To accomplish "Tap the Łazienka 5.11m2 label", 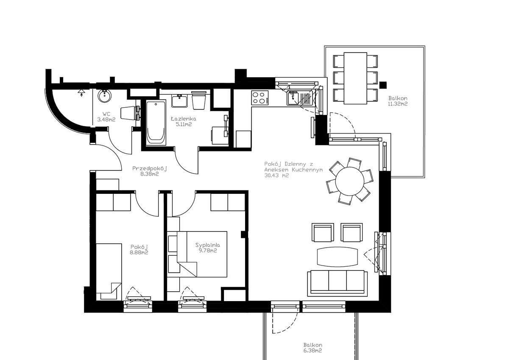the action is (x=183, y=122).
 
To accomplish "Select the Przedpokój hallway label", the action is (x=149, y=168).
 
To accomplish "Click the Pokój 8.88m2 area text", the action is (x=139, y=250).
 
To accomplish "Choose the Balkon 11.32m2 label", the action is (x=398, y=101).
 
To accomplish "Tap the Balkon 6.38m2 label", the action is (x=313, y=348).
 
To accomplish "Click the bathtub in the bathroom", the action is (x=156, y=123).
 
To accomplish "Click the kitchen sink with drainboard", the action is (x=300, y=98).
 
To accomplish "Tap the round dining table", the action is (x=350, y=181).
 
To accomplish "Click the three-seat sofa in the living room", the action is (x=337, y=282).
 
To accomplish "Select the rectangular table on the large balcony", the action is (x=355, y=78).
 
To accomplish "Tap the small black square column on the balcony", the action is (x=383, y=85).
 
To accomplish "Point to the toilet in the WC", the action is (x=128, y=113).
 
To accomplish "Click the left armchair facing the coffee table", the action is (x=322, y=232).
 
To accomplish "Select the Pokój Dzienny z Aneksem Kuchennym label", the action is (x=293, y=170).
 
